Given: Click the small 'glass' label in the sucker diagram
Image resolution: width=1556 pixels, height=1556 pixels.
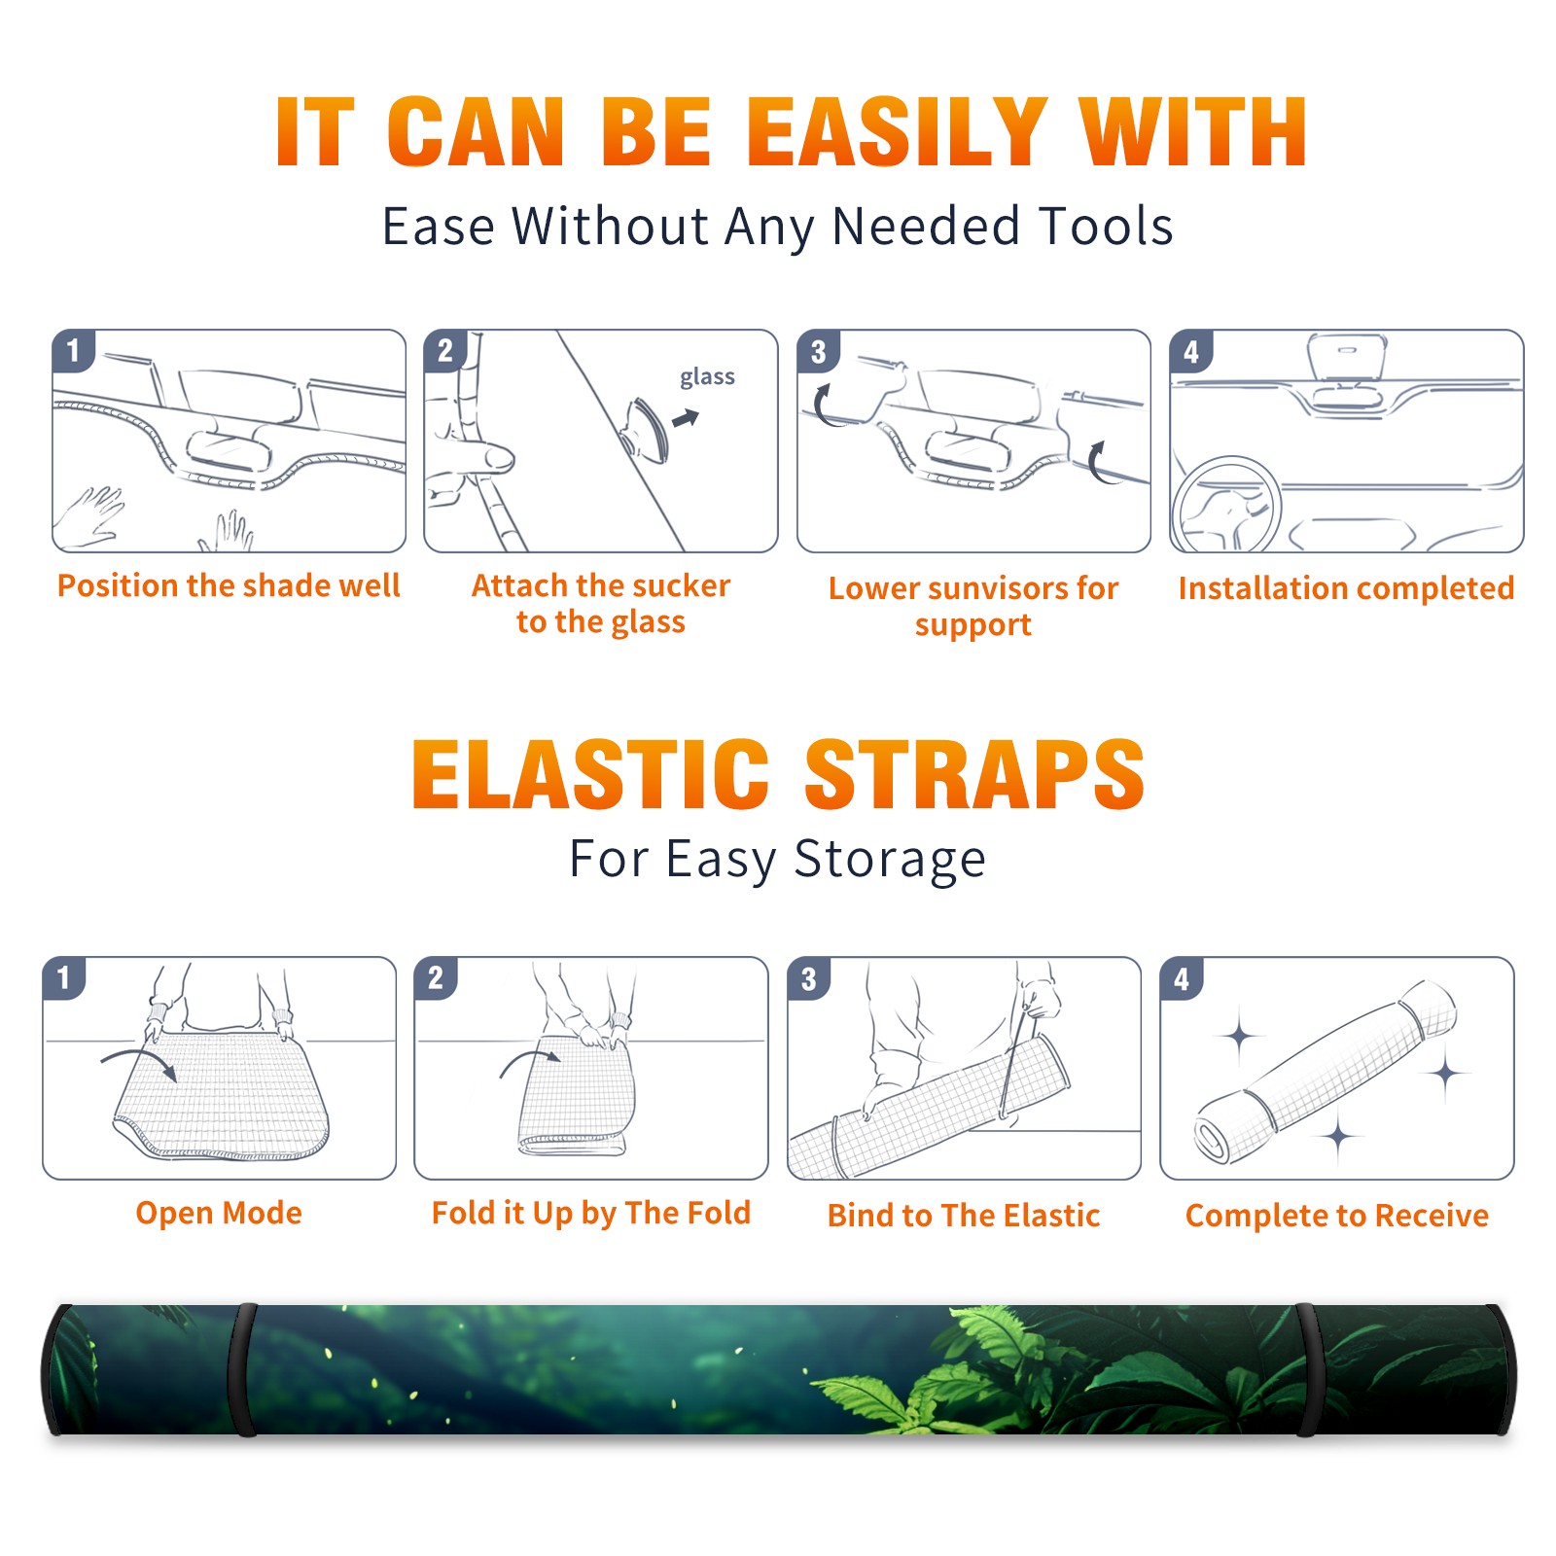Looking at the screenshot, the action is pos(707,377).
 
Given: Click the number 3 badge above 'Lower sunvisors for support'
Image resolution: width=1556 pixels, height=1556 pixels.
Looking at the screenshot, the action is pos(818,351).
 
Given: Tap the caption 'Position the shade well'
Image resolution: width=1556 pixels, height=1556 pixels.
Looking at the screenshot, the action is pos(229,585).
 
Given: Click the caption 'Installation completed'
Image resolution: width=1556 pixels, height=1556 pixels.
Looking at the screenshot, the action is pos(1346,587).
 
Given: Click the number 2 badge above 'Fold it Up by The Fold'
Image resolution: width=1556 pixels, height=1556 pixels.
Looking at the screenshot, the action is pos(436,977).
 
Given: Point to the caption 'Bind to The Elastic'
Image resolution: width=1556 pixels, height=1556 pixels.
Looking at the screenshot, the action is pos(963,1215).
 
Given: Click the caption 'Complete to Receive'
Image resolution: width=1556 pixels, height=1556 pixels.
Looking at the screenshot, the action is pos(1336,1215).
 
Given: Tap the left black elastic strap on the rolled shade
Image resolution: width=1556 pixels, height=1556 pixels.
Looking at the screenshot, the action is pos(243,1369).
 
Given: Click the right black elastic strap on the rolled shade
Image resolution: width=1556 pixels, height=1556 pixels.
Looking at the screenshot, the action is pos(1307,1369).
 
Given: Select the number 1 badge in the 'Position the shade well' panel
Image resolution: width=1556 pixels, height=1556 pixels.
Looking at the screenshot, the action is pos(73,349).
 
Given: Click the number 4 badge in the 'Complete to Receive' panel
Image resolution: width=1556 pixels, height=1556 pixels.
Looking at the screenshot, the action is pos(1182,978).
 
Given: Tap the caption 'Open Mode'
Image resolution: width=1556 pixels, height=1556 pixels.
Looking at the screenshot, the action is pos(219,1213).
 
